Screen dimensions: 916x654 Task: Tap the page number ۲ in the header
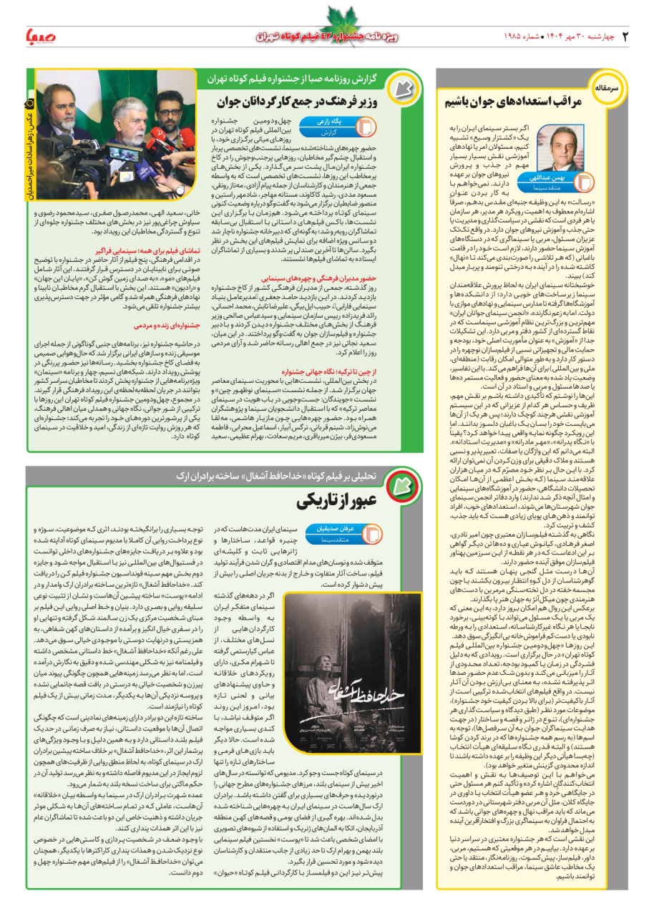625,34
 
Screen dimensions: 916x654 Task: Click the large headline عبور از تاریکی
335,500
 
